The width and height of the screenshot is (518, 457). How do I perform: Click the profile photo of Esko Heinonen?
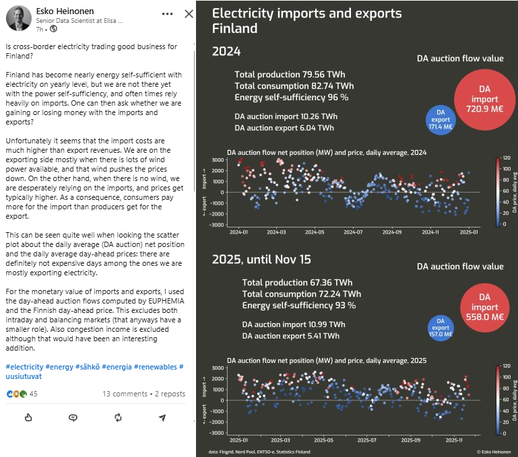coord(18,18)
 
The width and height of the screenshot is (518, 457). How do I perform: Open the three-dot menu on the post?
coord(168,14)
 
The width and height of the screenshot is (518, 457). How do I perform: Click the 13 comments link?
coord(125,394)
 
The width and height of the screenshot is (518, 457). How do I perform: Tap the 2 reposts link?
coord(169,394)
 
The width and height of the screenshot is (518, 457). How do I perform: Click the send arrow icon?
coord(162,418)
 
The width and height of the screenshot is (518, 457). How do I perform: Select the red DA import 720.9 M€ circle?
coord(484,98)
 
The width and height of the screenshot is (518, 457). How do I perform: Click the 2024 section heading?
coord(226,51)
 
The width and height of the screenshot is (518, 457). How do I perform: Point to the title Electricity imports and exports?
coord(306,13)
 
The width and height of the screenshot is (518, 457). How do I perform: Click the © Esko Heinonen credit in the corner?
coord(494,452)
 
